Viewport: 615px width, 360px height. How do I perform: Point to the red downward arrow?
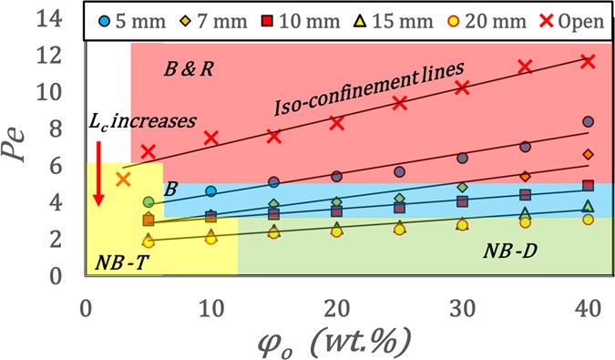coord(96,173)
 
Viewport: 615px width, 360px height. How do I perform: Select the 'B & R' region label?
coord(188,68)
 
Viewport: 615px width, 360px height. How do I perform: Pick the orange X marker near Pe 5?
coord(123,179)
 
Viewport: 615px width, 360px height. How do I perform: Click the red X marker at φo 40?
coord(588,61)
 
